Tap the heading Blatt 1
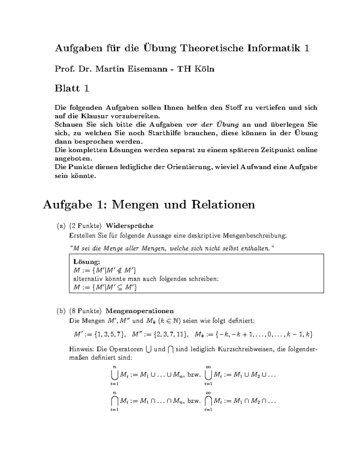[x=72, y=89]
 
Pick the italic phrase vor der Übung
[x=212, y=125]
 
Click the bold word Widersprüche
[x=130, y=226]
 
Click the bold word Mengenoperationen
[x=139, y=311]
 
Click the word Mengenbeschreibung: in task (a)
[x=255, y=236]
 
